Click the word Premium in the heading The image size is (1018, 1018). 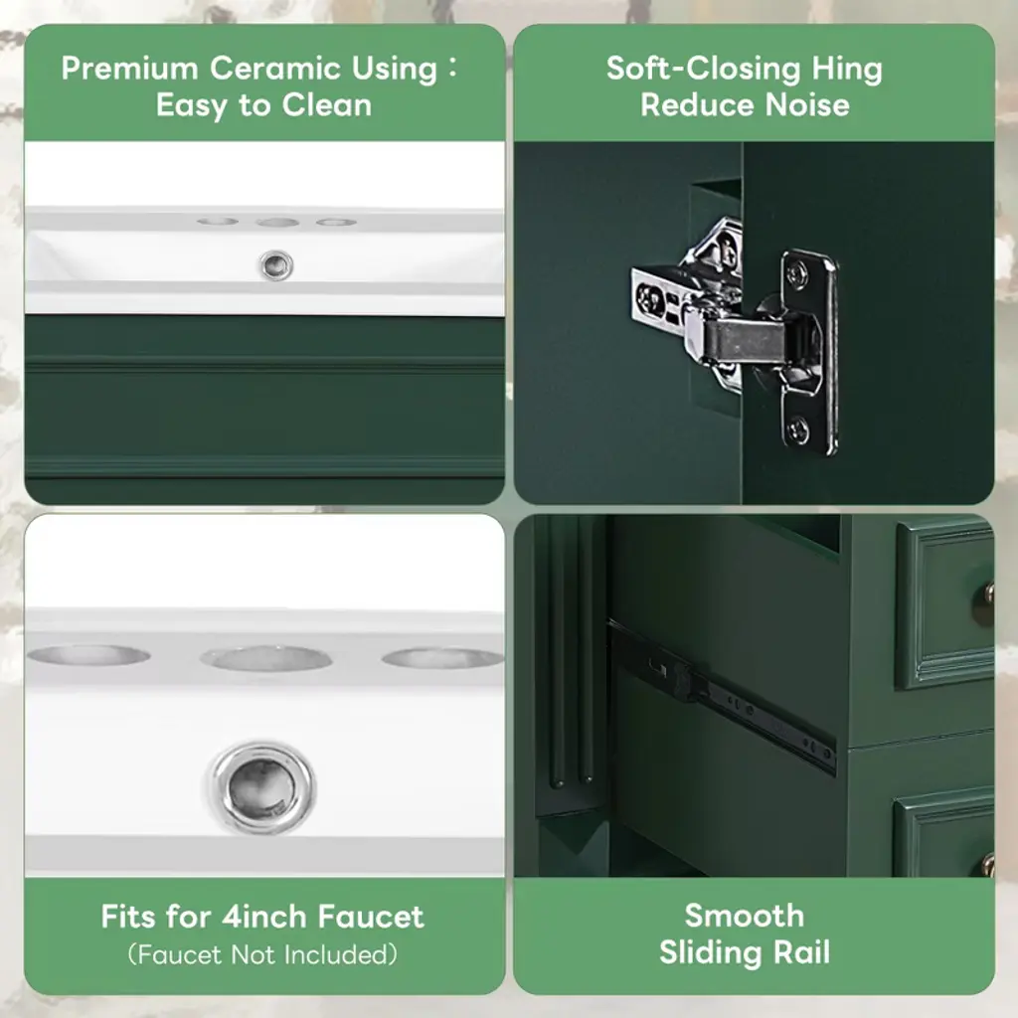pyautogui.click(x=129, y=69)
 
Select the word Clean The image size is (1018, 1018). pyautogui.click(x=326, y=105)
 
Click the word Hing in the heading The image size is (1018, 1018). pyautogui.click(x=847, y=70)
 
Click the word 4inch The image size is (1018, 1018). pyautogui.click(x=263, y=917)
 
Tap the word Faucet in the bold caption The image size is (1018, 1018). pyautogui.click(x=371, y=917)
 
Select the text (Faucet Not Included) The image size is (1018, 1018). pyautogui.click(x=262, y=954)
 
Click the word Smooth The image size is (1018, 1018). pyautogui.click(x=744, y=916)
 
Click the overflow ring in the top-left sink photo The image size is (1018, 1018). pyautogui.click(x=276, y=265)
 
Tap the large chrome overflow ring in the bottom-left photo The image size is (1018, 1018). pyautogui.click(x=262, y=787)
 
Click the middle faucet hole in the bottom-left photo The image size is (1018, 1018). pyautogui.click(x=266, y=658)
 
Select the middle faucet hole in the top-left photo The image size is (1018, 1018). pyautogui.click(x=276, y=223)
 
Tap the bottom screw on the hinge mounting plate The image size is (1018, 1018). pyautogui.click(x=798, y=429)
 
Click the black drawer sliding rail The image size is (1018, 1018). pyautogui.click(x=721, y=697)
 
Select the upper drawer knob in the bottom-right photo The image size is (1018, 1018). pyautogui.click(x=989, y=593)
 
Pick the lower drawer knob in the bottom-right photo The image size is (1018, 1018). pyautogui.click(x=988, y=864)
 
